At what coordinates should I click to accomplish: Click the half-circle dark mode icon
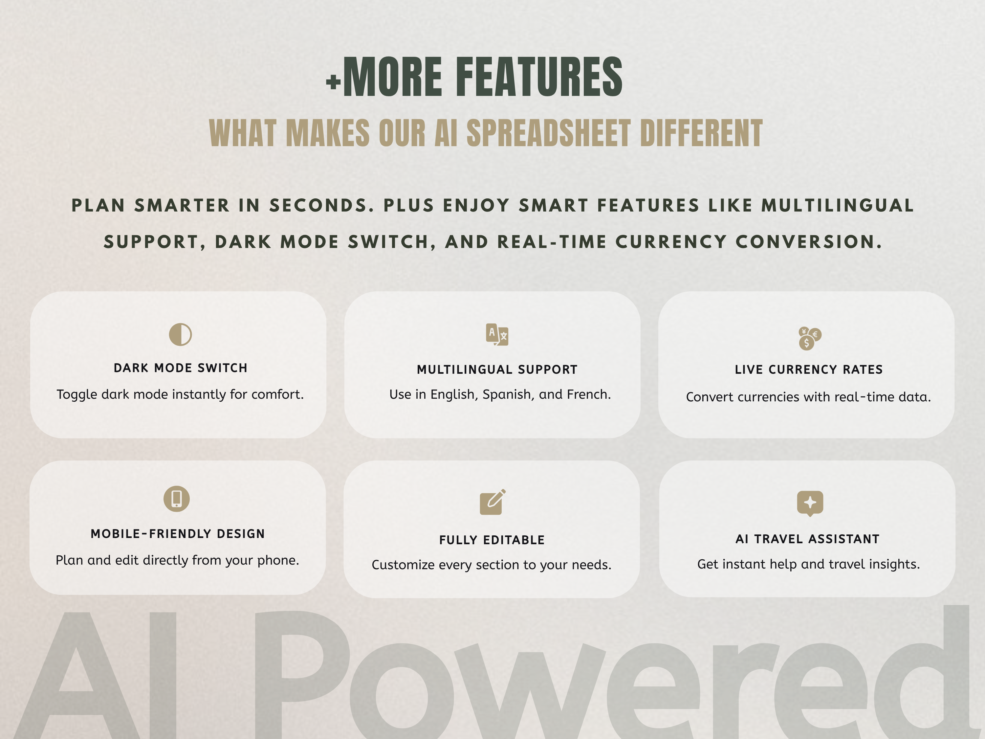tap(180, 335)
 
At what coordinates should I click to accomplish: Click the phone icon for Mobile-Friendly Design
tap(177, 499)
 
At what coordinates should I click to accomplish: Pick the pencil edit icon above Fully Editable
tap(492, 502)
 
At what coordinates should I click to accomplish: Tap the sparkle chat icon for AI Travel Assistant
tap(810, 504)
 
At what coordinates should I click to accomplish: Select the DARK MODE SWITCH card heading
tap(180, 368)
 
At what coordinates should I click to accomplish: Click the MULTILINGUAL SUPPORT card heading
tap(497, 370)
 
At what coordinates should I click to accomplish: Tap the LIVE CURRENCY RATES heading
tap(809, 370)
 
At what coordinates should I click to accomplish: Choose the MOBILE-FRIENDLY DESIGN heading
tap(178, 534)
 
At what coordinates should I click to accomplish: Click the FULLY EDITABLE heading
tap(492, 540)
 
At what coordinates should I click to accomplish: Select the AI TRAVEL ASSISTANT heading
tap(807, 539)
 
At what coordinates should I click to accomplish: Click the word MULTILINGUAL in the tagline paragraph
tap(838, 205)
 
